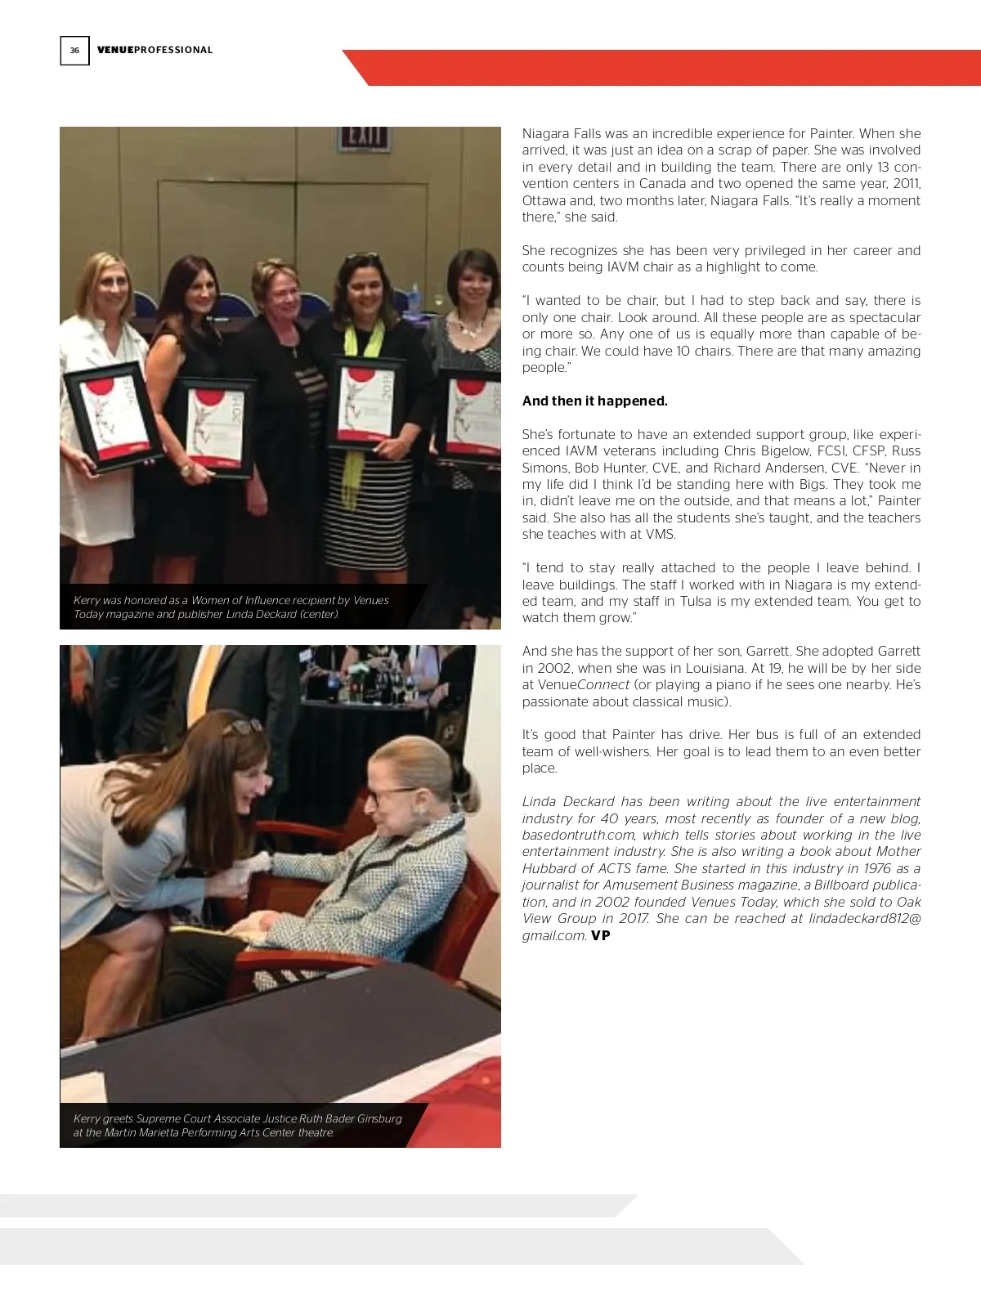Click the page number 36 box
coord(74,51)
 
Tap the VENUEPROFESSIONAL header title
coord(155,50)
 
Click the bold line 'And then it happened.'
coord(594,401)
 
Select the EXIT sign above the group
coord(363,138)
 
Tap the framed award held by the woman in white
coord(114,416)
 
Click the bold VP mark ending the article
coord(601,935)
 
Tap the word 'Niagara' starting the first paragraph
coord(546,133)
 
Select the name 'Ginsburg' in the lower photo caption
coord(379,1118)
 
